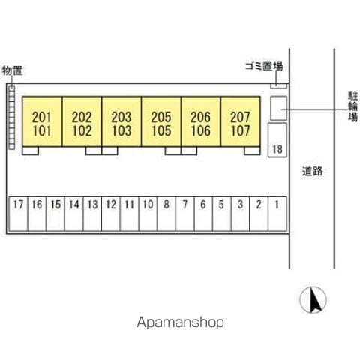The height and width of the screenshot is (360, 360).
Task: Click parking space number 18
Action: coord(277,140)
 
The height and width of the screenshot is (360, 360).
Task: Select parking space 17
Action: coord(18,214)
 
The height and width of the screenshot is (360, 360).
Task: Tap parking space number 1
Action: coord(277,214)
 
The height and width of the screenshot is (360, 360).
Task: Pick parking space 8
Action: coord(166,214)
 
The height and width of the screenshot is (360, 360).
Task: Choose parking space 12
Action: coord(111,214)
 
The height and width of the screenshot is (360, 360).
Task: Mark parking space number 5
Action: coord(222,214)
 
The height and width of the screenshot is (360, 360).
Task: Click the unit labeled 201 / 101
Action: coord(42,121)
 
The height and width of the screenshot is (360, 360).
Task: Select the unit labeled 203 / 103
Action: coord(121,121)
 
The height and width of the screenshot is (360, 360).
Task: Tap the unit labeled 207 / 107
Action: coord(241,121)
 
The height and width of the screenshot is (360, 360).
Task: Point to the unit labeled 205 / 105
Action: coord(161,121)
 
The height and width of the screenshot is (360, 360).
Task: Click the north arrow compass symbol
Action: coord(313,300)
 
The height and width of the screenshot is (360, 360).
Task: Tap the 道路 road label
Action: coord(313,171)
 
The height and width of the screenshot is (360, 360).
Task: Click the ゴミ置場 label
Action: coord(264,66)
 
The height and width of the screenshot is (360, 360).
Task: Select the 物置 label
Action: coord(13,70)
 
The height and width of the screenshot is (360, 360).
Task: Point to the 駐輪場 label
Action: coord(353,106)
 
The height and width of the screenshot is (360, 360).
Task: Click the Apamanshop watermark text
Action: coord(180,322)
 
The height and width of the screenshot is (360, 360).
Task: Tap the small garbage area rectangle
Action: coord(278,85)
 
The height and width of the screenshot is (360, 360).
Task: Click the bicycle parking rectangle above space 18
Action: coord(278,108)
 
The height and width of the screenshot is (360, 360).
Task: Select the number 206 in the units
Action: coord(200,117)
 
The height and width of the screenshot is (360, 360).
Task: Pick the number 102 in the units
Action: coord(82,130)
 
